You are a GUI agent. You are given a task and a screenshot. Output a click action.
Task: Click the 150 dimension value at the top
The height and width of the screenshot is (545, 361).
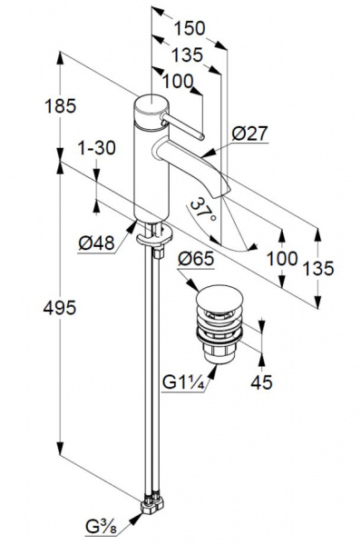(190, 28)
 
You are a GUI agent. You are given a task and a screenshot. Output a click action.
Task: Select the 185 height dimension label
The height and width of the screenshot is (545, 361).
(60, 106)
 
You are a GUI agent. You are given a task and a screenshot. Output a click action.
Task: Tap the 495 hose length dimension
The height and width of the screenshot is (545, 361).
(59, 308)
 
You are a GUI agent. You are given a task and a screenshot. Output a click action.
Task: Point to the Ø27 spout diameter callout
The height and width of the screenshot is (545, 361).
(250, 134)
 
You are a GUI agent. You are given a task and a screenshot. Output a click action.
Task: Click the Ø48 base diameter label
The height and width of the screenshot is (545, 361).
(96, 243)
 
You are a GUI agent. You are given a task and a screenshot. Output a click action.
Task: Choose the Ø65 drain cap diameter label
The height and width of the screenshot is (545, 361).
(196, 259)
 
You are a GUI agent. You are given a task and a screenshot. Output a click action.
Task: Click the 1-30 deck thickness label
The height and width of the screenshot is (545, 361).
(96, 148)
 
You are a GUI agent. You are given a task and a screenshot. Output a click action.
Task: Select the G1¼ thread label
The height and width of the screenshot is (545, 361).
(185, 382)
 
